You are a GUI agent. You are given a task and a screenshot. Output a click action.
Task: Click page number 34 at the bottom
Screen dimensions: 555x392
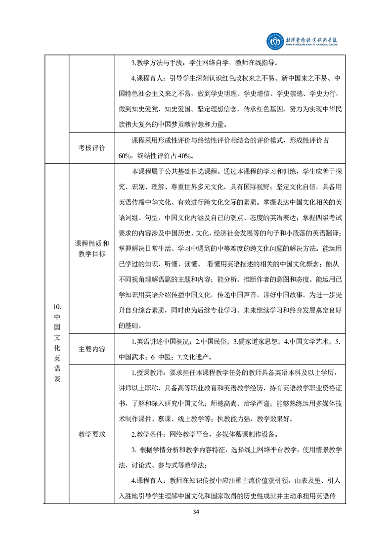pos(196,511)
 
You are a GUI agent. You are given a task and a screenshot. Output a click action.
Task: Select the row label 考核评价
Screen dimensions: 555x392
pos(92,148)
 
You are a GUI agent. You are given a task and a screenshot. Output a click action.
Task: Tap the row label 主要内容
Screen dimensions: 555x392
pos(92,349)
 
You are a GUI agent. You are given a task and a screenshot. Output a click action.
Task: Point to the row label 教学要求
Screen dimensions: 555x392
pos(92,434)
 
